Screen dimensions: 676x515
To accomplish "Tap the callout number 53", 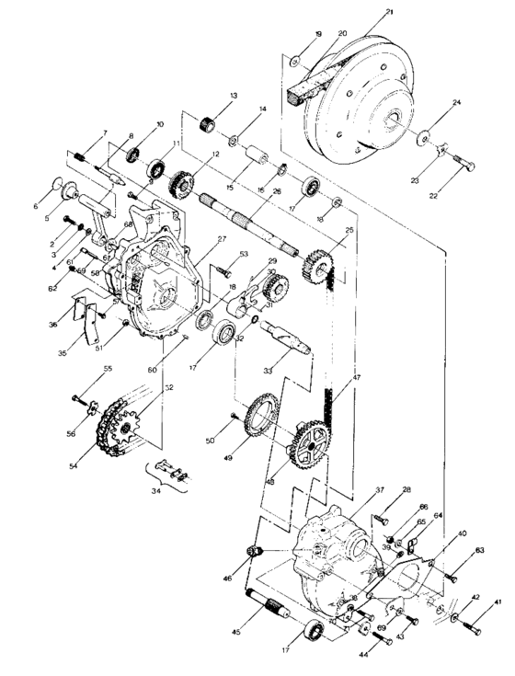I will click(244, 255).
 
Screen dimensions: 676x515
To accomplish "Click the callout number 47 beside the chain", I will click(356, 378).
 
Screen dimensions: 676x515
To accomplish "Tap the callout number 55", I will click(109, 369).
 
